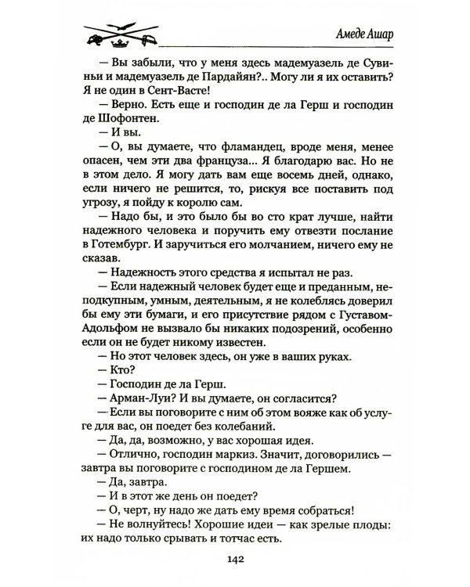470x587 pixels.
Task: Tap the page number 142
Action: [235, 560]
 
